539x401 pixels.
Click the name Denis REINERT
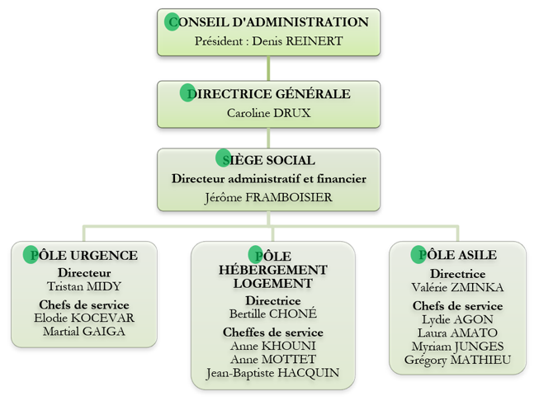(x=297, y=41)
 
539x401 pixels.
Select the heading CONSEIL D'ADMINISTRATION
(x=269, y=22)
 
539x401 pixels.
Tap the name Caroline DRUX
(x=269, y=113)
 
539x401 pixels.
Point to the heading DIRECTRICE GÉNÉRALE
(x=269, y=93)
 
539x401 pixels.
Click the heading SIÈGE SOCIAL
(x=269, y=160)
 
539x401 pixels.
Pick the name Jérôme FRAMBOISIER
(x=269, y=197)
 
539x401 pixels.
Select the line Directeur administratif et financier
(x=269, y=179)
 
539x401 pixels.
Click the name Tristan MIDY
(x=84, y=286)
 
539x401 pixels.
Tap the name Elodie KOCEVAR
(x=84, y=318)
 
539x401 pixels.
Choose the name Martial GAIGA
(x=84, y=331)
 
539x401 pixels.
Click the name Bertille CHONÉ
(x=273, y=314)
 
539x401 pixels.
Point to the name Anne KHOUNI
(x=273, y=346)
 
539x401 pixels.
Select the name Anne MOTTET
(x=273, y=359)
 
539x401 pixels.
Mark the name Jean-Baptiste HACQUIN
(x=273, y=373)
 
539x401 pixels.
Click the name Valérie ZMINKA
(x=457, y=287)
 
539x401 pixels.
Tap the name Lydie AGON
(x=457, y=319)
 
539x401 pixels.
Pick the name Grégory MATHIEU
(x=457, y=360)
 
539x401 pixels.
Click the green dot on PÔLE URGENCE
(x=31, y=255)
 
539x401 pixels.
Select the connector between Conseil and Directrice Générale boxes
(x=268, y=68)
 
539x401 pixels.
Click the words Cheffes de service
(x=273, y=333)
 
